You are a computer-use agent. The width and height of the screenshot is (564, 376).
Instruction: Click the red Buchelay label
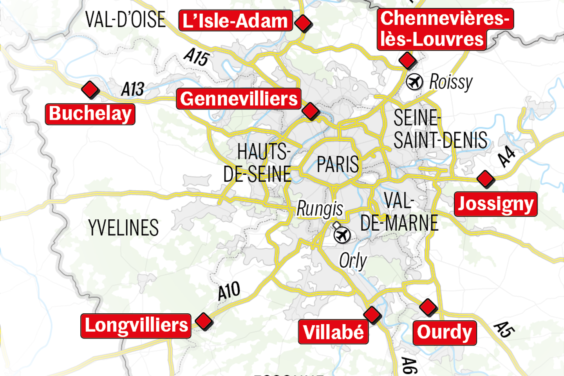click(x=90, y=114)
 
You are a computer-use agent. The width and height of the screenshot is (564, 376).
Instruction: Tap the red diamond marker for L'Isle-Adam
click(x=303, y=23)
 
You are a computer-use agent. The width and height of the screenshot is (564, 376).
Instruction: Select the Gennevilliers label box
click(x=239, y=99)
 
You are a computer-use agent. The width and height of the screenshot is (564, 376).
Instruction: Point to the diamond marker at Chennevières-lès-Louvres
click(x=407, y=60)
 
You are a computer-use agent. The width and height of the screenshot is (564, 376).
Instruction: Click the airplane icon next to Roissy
click(x=414, y=82)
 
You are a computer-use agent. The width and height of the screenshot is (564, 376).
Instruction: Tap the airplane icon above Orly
click(x=342, y=235)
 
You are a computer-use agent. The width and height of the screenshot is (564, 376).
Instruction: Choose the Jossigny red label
click(x=496, y=204)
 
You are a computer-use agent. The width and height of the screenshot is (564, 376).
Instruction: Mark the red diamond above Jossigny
click(x=486, y=179)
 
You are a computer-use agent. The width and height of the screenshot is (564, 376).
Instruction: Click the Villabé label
click(x=333, y=332)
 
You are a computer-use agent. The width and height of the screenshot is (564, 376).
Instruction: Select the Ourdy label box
click(x=445, y=333)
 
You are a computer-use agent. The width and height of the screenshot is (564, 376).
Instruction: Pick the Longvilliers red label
click(x=136, y=325)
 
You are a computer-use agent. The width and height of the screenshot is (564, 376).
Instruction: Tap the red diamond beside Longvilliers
click(x=204, y=321)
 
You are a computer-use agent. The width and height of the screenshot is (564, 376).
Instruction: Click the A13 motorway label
click(x=133, y=89)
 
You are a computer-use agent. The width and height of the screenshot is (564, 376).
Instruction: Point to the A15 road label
click(x=197, y=57)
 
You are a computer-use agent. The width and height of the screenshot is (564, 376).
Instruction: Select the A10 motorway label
click(x=229, y=291)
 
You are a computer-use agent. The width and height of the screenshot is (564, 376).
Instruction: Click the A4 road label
click(x=506, y=156)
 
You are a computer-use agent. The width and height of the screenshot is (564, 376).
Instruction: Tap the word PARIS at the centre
click(x=338, y=164)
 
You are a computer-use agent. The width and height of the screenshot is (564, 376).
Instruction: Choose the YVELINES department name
click(x=123, y=228)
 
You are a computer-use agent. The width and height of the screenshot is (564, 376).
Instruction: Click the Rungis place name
click(x=320, y=209)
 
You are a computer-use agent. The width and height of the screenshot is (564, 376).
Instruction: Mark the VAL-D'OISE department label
click(x=125, y=20)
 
